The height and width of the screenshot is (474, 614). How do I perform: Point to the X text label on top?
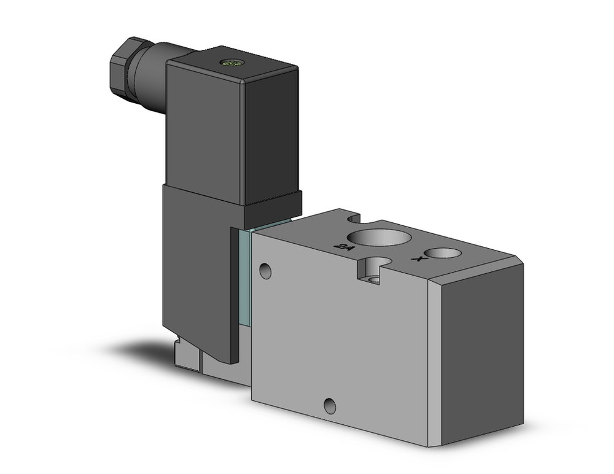[418, 259]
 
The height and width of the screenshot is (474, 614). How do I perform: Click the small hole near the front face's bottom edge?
[330, 406]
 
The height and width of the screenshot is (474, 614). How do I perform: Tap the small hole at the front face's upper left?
[265, 271]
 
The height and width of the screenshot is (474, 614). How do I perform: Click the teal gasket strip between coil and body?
[246, 276]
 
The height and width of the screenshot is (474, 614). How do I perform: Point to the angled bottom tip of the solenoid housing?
[231, 353]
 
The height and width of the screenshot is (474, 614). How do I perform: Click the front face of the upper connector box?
[206, 132]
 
